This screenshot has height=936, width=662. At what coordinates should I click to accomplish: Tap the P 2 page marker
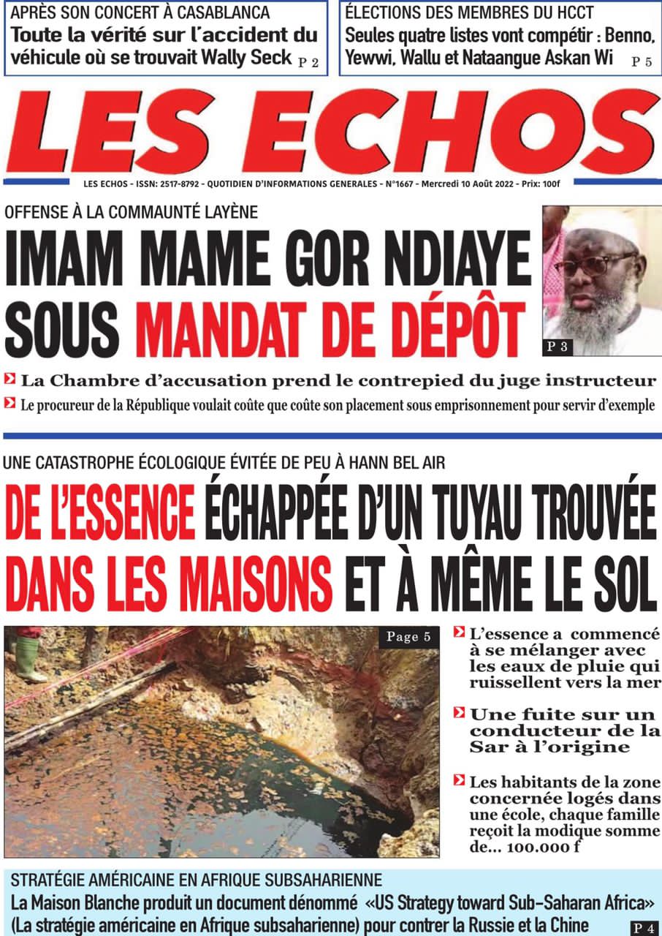(309, 63)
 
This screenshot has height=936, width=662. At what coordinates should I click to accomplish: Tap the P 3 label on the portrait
(558, 347)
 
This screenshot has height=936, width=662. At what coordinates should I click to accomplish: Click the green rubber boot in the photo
(30, 659)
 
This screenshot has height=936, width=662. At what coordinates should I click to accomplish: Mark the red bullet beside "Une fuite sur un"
(459, 712)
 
